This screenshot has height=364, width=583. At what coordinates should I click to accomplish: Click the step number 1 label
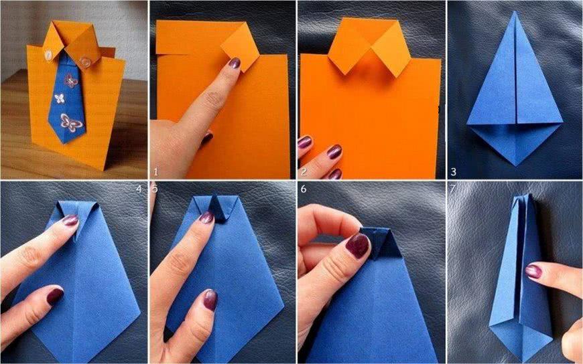(x=155, y=171)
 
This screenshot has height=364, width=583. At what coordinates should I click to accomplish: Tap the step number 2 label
(x=304, y=171)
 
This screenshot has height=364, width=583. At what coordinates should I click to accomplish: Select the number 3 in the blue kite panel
(x=453, y=171)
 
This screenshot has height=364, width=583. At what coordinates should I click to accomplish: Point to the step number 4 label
(x=139, y=189)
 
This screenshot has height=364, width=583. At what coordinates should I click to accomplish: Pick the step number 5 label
(x=155, y=189)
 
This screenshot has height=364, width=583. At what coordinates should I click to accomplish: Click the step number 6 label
(x=304, y=189)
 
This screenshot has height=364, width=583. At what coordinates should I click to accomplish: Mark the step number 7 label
(x=452, y=189)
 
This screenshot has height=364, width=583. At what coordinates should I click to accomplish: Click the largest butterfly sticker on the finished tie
(x=70, y=122)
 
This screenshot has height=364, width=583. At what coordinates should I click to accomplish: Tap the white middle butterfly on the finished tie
(x=60, y=98)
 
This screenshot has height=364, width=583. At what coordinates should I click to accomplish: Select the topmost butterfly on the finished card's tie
(x=70, y=80)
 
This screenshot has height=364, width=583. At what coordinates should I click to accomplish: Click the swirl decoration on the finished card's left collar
(x=48, y=56)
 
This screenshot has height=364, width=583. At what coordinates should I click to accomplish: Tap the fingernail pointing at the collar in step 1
(x=235, y=63)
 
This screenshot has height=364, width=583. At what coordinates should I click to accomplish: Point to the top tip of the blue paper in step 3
(x=515, y=12)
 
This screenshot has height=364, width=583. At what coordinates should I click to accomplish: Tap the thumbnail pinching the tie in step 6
(x=357, y=245)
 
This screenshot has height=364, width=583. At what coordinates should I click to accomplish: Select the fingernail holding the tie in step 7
(x=533, y=271)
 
